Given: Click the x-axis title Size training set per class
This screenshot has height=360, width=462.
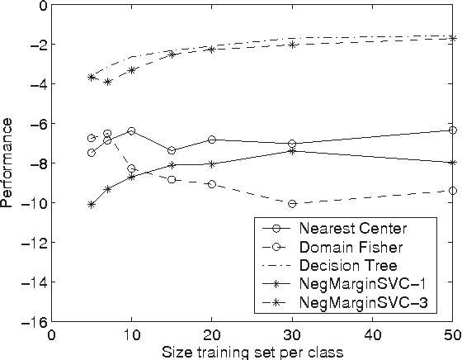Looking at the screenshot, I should [252, 350].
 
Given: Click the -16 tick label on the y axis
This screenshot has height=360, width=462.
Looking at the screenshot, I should [33, 322].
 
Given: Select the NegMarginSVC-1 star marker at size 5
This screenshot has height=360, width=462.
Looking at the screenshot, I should [92, 204].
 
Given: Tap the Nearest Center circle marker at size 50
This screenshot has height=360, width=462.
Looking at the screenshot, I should [452, 130].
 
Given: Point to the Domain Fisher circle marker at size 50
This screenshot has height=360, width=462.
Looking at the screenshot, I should [452, 191].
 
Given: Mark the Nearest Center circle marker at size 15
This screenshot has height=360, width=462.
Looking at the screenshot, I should [172, 150].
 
